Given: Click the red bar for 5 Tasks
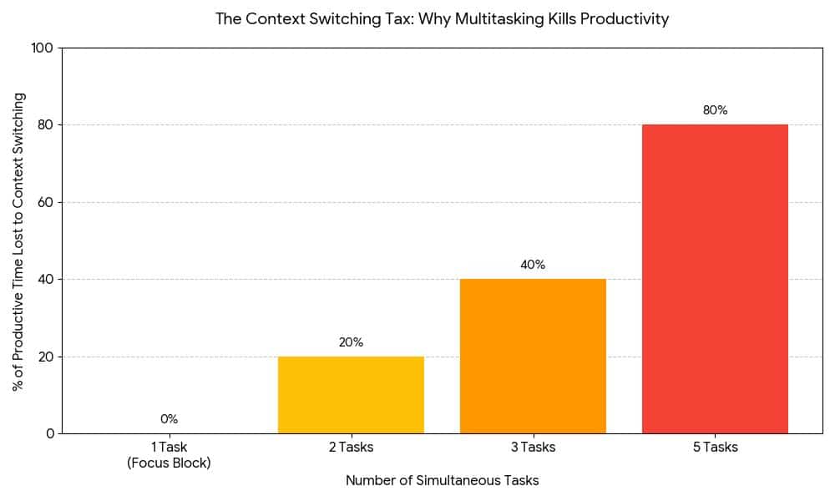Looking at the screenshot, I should pyautogui.click(x=715, y=279).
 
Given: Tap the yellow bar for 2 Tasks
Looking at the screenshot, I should pyautogui.click(x=351, y=394).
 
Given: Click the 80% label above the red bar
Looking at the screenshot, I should pyautogui.click(x=715, y=110).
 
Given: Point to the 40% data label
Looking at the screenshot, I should pyautogui.click(x=533, y=265).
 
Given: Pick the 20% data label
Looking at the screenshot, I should pyautogui.click(x=351, y=342).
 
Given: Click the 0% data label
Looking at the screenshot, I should pyautogui.click(x=169, y=419).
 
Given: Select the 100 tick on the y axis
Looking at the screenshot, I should pyautogui.click(x=43, y=48).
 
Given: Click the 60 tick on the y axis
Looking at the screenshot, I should pyautogui.click(x=46, y=202).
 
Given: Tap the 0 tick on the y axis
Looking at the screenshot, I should pyautogui.click(x=49, y=433).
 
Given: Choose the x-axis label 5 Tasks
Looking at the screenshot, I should pyautogui.click(x=715, y=448).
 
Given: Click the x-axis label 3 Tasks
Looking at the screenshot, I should pyautogui.click(x=533, y=448).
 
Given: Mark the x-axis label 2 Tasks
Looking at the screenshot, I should pyautogui.click(x=351, y=448).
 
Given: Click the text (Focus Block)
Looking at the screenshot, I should pyautogui.click(x=169, y=463).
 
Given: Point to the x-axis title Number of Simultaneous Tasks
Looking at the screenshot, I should pyautogui.click(x=442, y=481).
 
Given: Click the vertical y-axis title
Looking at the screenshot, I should pyautogui.click(x=18, y=241).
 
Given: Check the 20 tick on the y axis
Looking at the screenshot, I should pyautogui.click(x=46, y=357).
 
